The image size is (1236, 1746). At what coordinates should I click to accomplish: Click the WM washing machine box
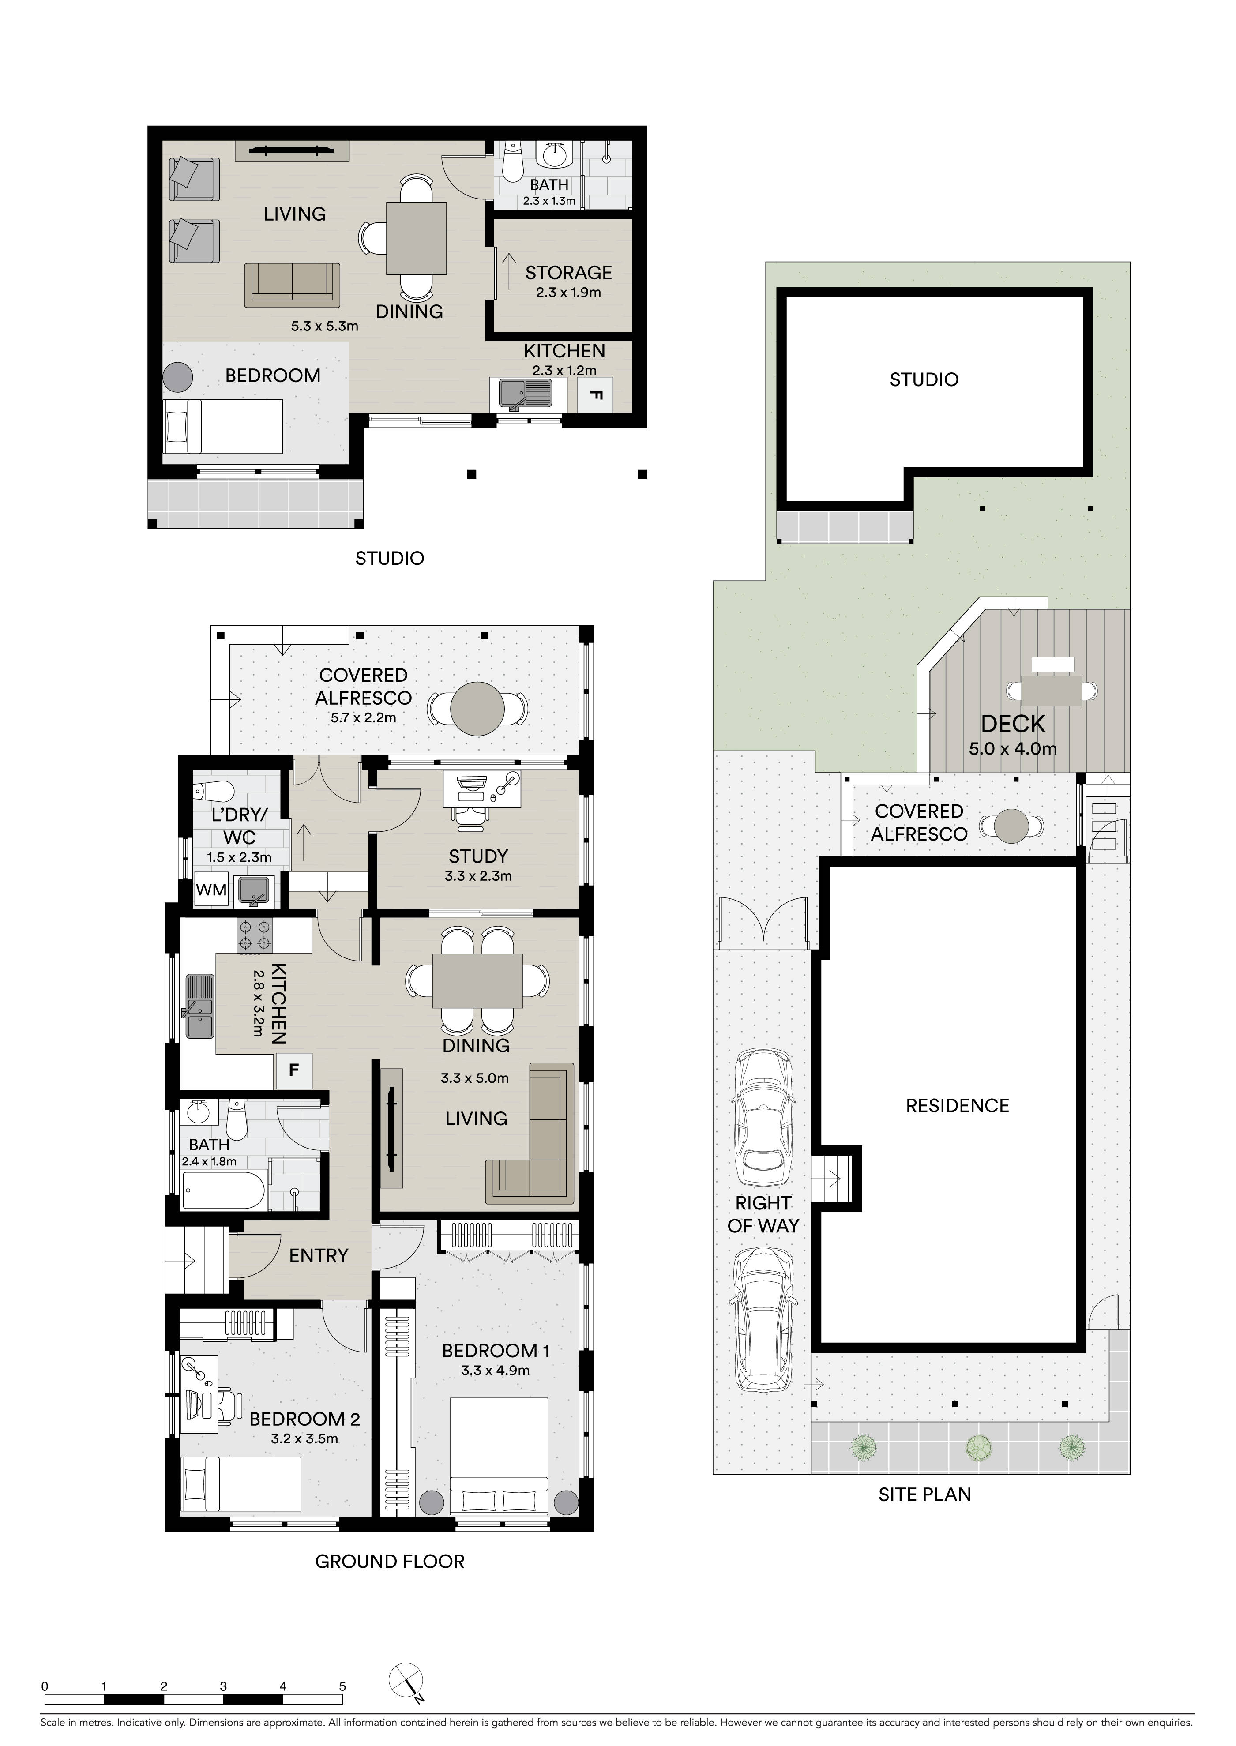coord(211,890)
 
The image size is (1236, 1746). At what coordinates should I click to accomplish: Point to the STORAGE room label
coord(568,273)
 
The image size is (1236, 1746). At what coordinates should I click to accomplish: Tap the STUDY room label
coord(478,856)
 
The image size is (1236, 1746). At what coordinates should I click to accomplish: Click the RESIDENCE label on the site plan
coord(958,1106)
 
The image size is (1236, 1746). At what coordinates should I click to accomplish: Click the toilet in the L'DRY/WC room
coord(214,789)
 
